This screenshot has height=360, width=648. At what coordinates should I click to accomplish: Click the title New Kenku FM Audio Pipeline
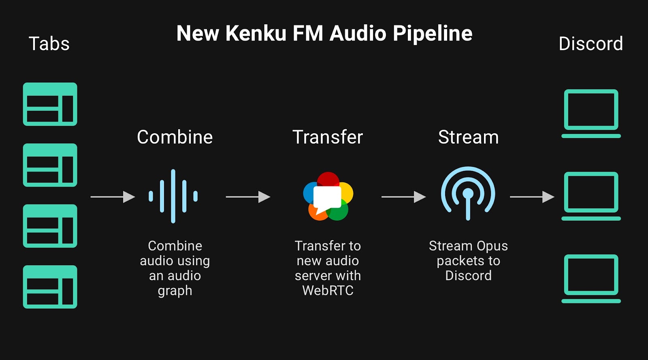coord(324,33)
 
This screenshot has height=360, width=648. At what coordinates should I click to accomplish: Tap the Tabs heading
coord(49,44)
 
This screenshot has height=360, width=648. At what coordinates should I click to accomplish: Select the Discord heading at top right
coord(590,44)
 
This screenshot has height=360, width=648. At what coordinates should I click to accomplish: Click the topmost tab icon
coord(50,104)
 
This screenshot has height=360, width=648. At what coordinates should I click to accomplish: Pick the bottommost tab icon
coord(50,287)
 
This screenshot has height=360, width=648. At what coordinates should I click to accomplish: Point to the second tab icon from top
coord(50,165)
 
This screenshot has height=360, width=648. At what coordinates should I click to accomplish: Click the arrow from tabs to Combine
coord(113,197)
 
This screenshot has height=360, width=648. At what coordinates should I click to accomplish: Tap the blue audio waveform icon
coord(173,196)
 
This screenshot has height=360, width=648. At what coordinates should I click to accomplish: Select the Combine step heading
coord(175,137)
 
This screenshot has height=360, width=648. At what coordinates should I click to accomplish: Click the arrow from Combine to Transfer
coord(248,197)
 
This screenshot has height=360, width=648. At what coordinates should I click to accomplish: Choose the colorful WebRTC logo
coord(328,196)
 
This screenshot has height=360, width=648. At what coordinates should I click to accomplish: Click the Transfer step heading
coord(328,137)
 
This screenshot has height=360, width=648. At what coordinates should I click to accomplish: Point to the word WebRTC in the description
coord(328,290)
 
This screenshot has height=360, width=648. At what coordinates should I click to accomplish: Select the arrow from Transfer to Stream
coord(403,197)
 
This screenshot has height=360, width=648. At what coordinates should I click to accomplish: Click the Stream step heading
coord(468,137)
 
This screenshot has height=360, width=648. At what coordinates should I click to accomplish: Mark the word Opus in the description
coord(492,246)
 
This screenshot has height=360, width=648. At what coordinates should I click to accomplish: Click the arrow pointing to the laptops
coord(532,197)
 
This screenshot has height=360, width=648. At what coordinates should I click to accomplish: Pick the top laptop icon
coord(591,113)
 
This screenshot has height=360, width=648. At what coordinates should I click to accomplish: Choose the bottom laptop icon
coord(591,279)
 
